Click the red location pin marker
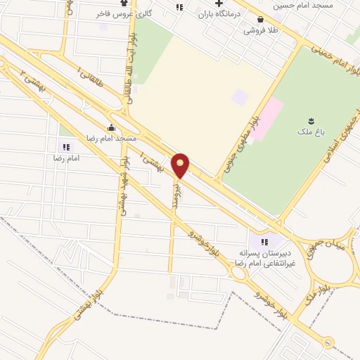181,165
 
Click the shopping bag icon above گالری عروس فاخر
124,2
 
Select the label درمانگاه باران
219,13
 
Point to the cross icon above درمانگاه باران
219,4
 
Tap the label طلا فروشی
261,30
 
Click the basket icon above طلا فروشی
262,20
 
